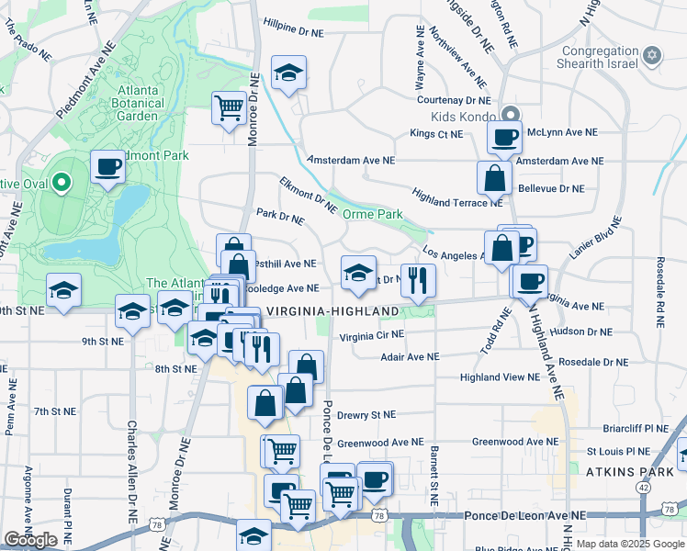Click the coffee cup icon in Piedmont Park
pos(108,167)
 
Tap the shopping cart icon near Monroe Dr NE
pos(229,107)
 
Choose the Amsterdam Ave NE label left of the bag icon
pos(351,160)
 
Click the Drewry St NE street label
pos(366,415)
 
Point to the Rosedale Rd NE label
pos(659,290)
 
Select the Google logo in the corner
pos(30,540)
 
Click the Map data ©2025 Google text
pos(630,544)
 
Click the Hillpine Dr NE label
pos(294,32)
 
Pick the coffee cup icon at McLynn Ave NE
pos(503,138)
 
